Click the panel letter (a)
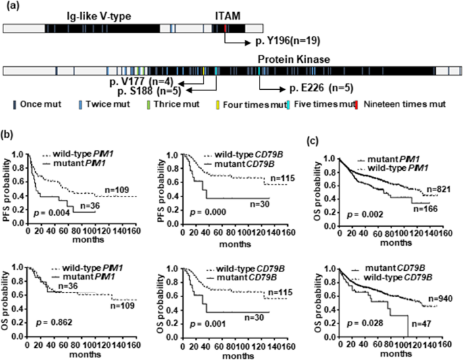(x=11, y=5)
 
